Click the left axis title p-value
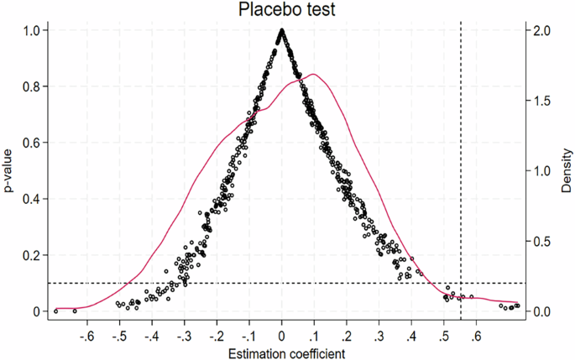10,170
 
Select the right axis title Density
565,170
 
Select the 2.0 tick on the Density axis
542,30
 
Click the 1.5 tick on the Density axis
542,101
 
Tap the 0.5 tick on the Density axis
542,241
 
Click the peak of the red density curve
313,75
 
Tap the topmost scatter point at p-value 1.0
282,31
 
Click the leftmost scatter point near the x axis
56,311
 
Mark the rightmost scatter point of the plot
517,306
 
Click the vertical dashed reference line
461,168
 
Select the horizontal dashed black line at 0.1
252,283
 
